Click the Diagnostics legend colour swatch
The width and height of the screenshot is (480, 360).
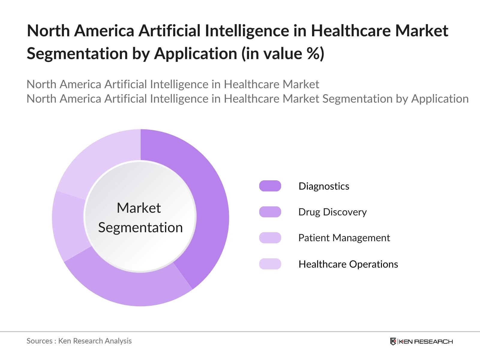(270, 186)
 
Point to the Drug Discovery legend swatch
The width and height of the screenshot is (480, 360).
(270, 212)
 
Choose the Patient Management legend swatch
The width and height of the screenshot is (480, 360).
(270, 238)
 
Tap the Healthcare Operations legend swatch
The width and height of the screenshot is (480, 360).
(270, 264)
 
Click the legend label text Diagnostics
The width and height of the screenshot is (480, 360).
(324, 186)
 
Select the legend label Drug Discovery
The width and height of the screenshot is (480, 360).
(332, 212)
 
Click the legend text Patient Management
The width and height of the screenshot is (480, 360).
(344, 238)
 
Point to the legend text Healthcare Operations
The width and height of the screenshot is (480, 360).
(348, 264)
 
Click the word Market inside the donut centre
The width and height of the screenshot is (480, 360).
(139, 208)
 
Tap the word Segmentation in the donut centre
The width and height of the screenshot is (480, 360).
(140, 227)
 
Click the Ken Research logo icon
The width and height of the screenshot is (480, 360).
(393, 341)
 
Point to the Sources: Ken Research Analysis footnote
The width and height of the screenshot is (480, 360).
(79, 341)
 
